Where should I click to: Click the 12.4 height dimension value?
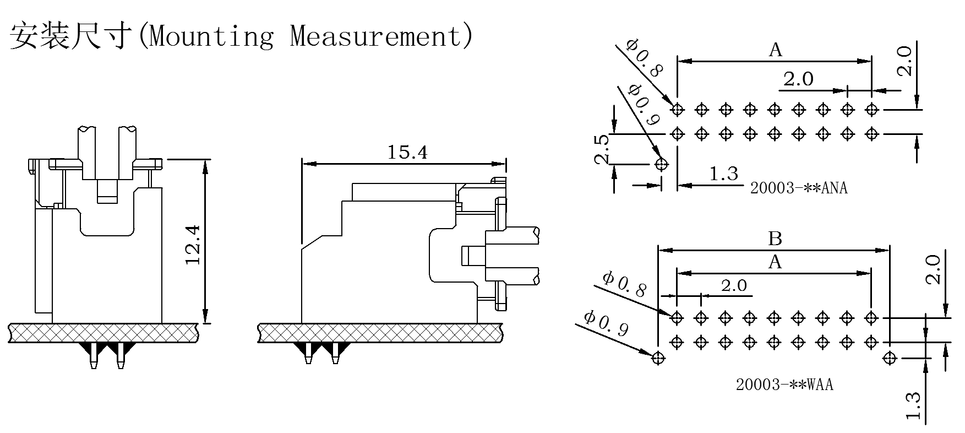pos(193,244)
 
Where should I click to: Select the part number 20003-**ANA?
pos(799,188)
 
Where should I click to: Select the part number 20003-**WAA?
pos(784,385)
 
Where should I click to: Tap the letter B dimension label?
pos(775,239)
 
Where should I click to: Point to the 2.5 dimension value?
pos(602,149)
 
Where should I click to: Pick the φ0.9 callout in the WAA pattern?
pos(606,323)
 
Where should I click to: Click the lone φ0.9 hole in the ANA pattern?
pos(662,164)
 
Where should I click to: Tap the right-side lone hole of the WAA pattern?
pos(890,358)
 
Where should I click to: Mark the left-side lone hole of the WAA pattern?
pos(657,358)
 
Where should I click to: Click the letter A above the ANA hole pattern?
pos(775,51)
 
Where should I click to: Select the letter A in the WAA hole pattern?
pos(775,262)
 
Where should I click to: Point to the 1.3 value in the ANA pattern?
pos(723,174)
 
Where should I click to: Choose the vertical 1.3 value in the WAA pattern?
pos(913,406)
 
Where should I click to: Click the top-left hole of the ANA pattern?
pos(678,109)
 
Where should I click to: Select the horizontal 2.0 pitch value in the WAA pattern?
pos(734,285)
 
